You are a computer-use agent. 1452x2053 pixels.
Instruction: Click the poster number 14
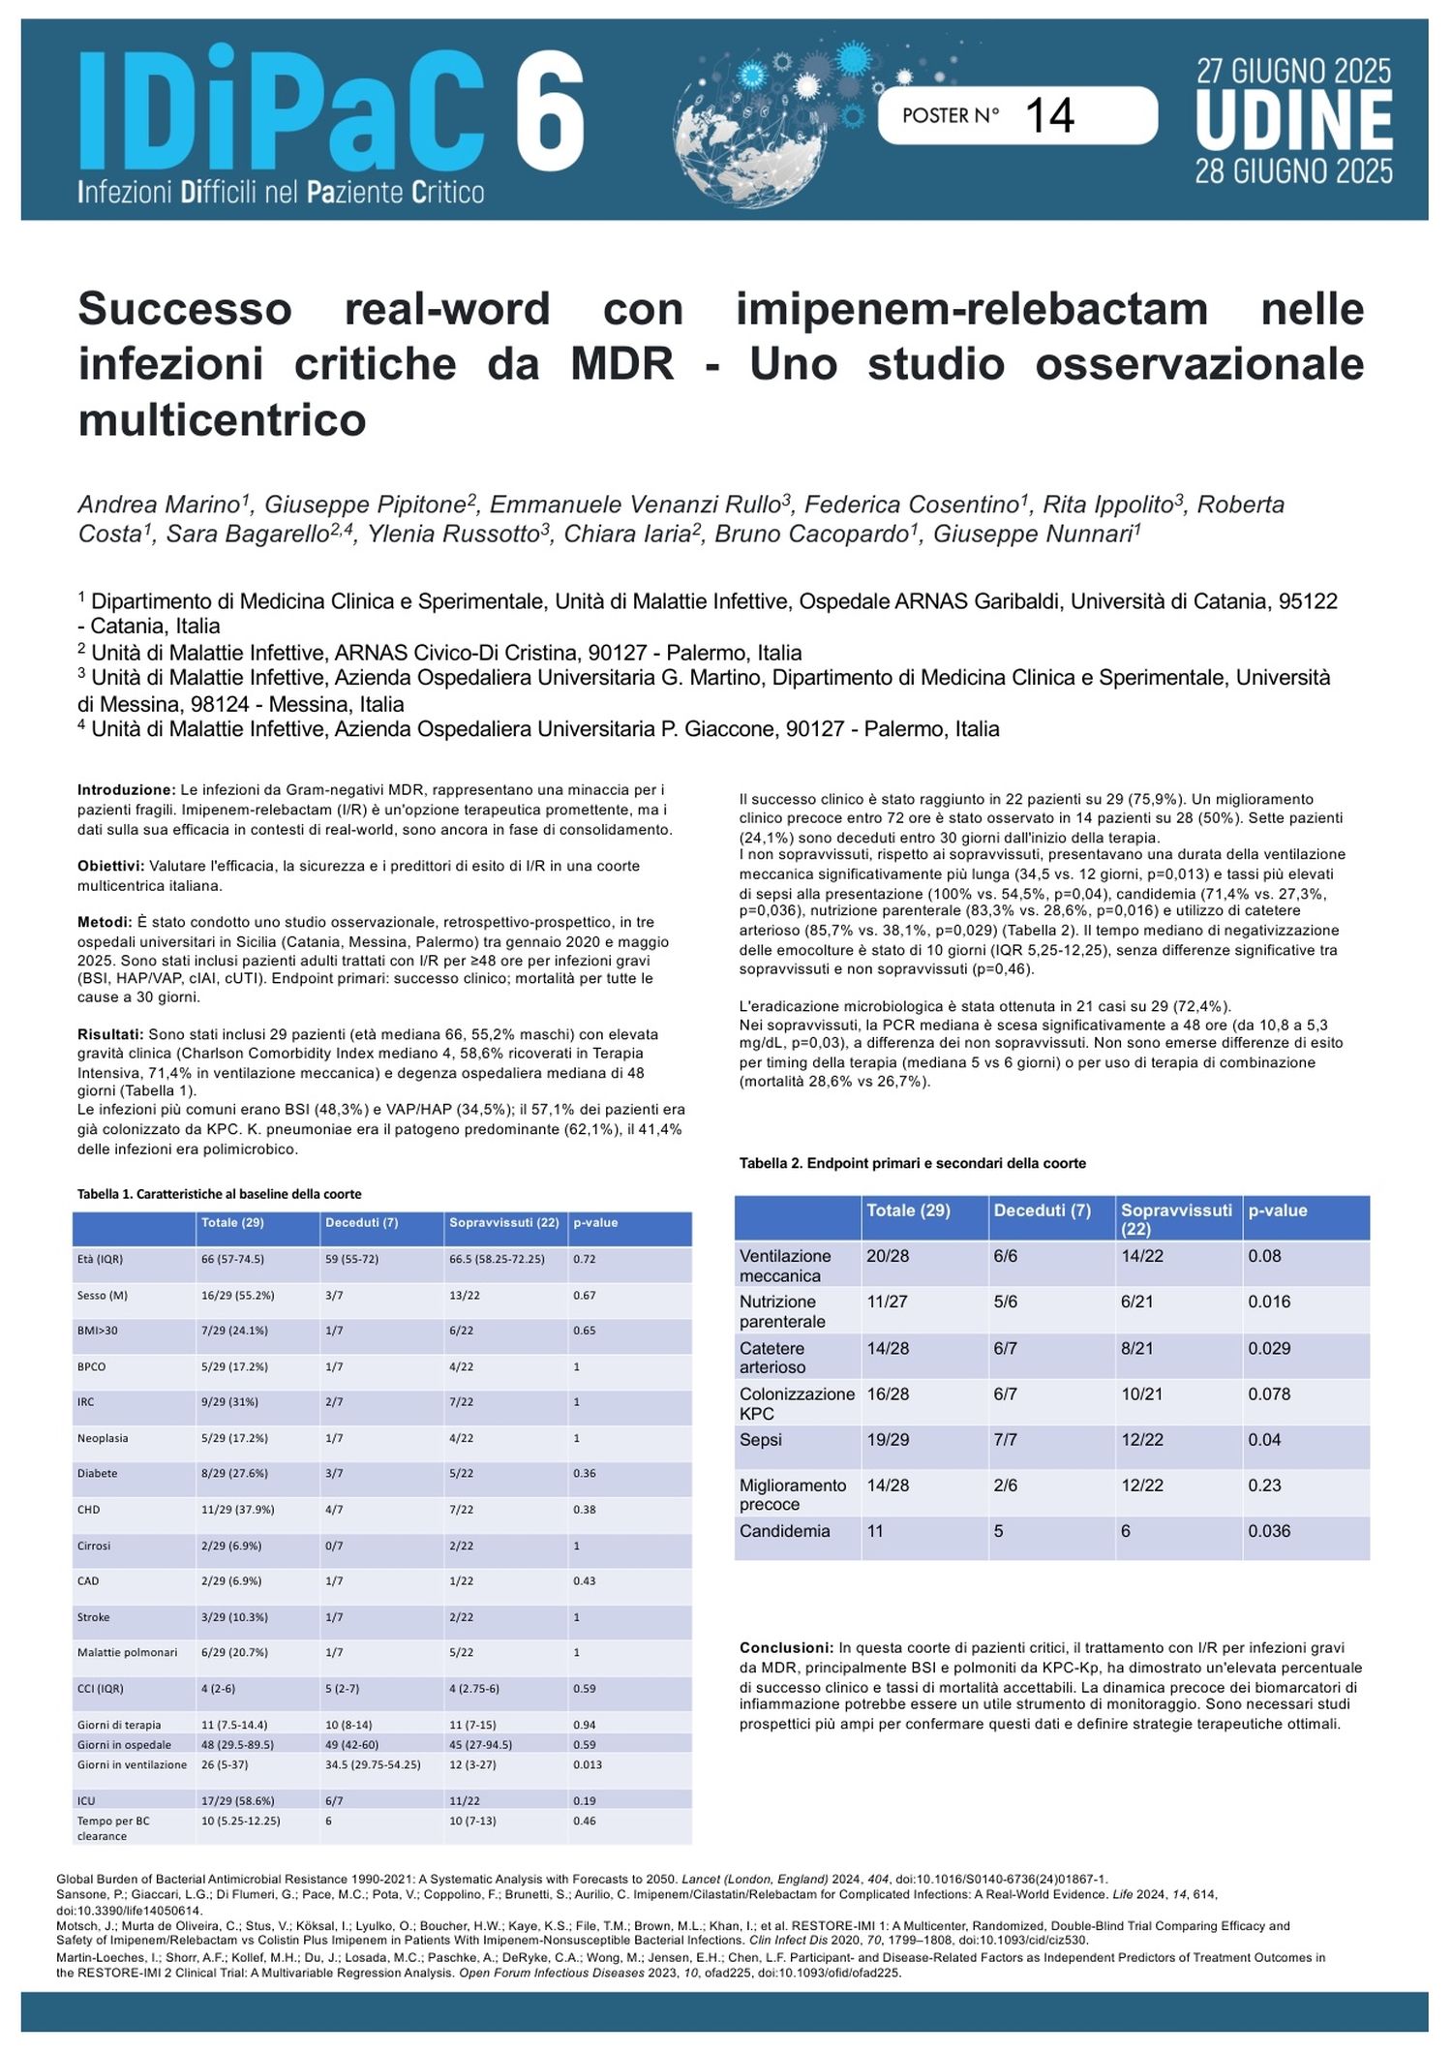(x=1049, y=116)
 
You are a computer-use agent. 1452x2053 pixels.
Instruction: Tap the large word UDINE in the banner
(x=1294, y=121)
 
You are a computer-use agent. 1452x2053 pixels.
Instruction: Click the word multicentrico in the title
(x=222, y=419)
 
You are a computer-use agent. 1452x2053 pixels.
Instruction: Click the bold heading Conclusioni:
(x=786, y=1647)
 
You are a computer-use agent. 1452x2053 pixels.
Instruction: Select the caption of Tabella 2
(x=912, y=1163)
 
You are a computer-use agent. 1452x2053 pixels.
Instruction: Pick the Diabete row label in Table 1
(x=98, y=1473)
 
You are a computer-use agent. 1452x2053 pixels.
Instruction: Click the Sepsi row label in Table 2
(x=761, y=1440)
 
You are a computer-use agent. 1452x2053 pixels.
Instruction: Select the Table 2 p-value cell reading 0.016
(x=1269, y=1302)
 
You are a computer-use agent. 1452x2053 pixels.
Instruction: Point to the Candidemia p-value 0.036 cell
(x=1269, y=1531)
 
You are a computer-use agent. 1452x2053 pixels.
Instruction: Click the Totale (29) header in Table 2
(x=908, y=1210)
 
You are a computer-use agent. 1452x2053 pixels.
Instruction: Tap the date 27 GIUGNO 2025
(x=1293, y=71)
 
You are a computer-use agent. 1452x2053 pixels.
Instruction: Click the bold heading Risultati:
(x=109, y=1034)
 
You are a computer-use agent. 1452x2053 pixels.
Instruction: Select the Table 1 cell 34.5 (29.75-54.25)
(x=373, y=1764)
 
